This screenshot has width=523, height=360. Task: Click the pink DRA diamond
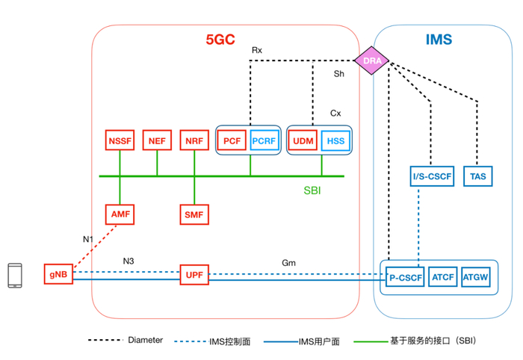point(371,60)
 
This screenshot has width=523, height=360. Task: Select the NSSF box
point(120,140)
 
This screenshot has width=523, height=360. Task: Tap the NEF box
point(157,140)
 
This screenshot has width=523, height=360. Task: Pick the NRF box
point(194,140)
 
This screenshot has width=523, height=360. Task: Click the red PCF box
point(232,140)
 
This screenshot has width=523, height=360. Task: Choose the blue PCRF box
point(264,140)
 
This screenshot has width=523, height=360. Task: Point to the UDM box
point(303,140)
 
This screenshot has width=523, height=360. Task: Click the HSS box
point(335,140)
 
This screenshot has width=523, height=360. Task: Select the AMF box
point(120,214)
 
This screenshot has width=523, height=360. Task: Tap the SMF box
point(194,214)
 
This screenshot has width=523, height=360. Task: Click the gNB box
point(58,275)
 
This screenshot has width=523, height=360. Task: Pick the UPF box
point(194,275)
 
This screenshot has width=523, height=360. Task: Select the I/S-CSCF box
point(431,176)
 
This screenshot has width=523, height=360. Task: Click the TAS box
point(477,176)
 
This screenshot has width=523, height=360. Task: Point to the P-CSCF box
point(406,277)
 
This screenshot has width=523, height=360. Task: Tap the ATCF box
point(443,277)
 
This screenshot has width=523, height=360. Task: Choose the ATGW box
point(476,277)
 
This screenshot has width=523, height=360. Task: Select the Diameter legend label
point(145,340)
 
